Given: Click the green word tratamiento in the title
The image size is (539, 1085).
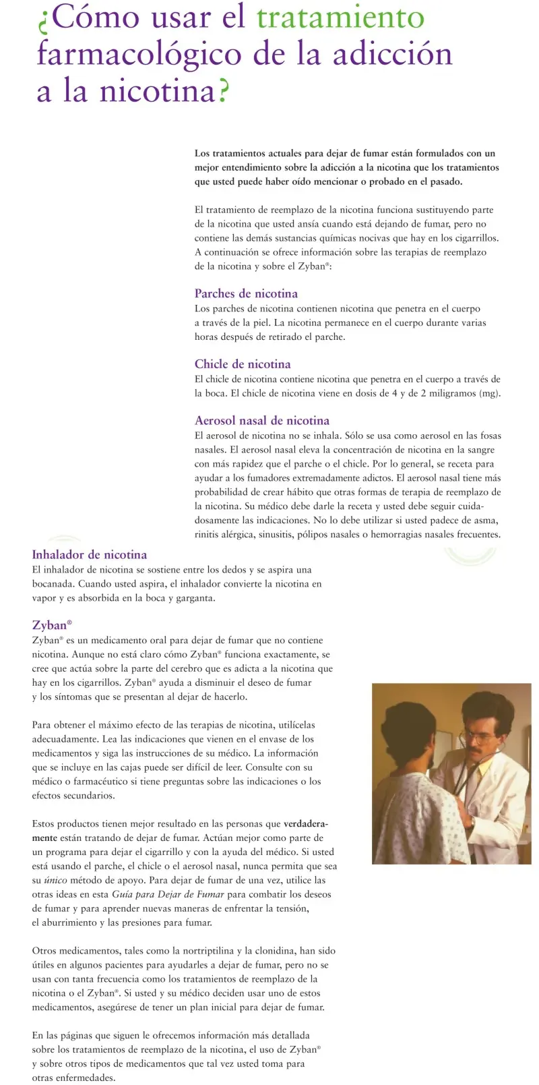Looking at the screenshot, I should (340, 18).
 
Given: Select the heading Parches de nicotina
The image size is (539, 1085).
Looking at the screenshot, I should (246, 293).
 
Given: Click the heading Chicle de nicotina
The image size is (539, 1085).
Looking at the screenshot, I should (243, 364).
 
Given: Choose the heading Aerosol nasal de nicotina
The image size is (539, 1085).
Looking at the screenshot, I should (262, 421).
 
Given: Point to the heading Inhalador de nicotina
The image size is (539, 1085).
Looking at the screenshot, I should (90, 555).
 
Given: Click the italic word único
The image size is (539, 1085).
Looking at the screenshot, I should (55, 880).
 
